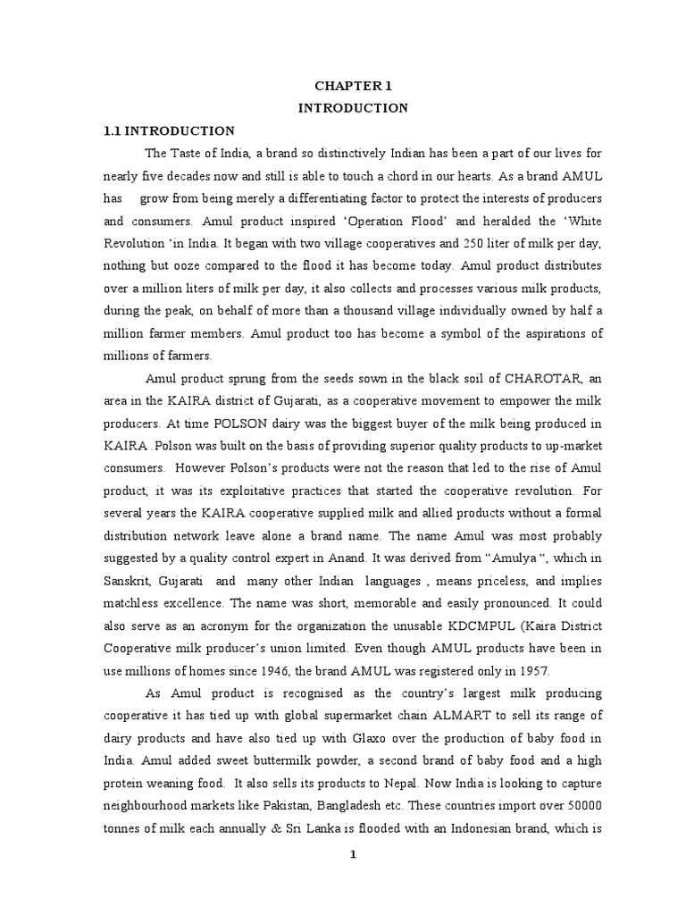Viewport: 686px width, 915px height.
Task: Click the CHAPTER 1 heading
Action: pos(353,86)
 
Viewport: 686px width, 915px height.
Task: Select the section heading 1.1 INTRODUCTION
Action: pos(170,130)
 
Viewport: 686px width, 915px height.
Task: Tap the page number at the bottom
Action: pos(353,854)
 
